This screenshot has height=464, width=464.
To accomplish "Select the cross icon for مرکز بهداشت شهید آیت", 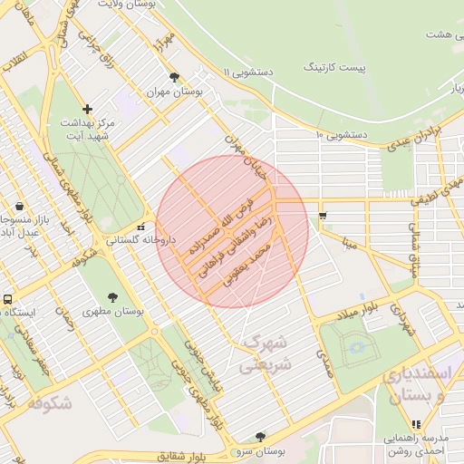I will pyautogui.click(x=87, y=109).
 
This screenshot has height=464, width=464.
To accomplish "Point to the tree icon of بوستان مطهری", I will pyautogui.click(x=112, y=296).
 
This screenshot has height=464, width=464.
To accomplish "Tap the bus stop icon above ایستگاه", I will pyautogui.click(x=8, y=298).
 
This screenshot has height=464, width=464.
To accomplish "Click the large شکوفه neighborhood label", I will pyautogui.click(x=43, y=405).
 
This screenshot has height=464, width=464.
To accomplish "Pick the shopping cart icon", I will pyautogui.click(x=324, y=216).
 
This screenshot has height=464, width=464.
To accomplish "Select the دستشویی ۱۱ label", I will pyautogui.click(x=250, y=72).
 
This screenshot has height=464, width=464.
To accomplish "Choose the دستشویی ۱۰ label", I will pyautogui.click(x=341, y=135).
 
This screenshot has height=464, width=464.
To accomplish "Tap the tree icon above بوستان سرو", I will pyautogui.click(x=261, y=436).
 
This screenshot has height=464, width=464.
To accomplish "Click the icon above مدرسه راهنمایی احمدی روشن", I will pyautogui.click(x=416, y=424).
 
